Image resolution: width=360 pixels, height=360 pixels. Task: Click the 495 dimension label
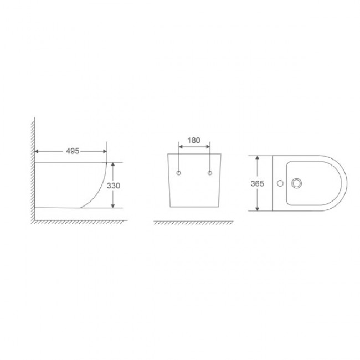pos(73,151)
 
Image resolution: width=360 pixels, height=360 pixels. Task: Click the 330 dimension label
pos(114,186)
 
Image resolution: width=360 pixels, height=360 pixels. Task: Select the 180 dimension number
pos(194,140)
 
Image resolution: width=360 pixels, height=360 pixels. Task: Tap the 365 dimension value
pos(258,183)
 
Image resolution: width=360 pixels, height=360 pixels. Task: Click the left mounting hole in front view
pos(179,173)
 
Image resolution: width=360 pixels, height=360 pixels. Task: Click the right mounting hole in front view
pos(209,173)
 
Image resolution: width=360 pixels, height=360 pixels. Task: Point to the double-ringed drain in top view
pos(296,183)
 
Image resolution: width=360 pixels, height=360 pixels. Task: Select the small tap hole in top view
pos(280,183)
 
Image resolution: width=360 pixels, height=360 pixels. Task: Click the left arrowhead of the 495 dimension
pos(36,151)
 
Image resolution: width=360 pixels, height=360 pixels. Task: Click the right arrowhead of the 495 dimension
pos(105,151)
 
